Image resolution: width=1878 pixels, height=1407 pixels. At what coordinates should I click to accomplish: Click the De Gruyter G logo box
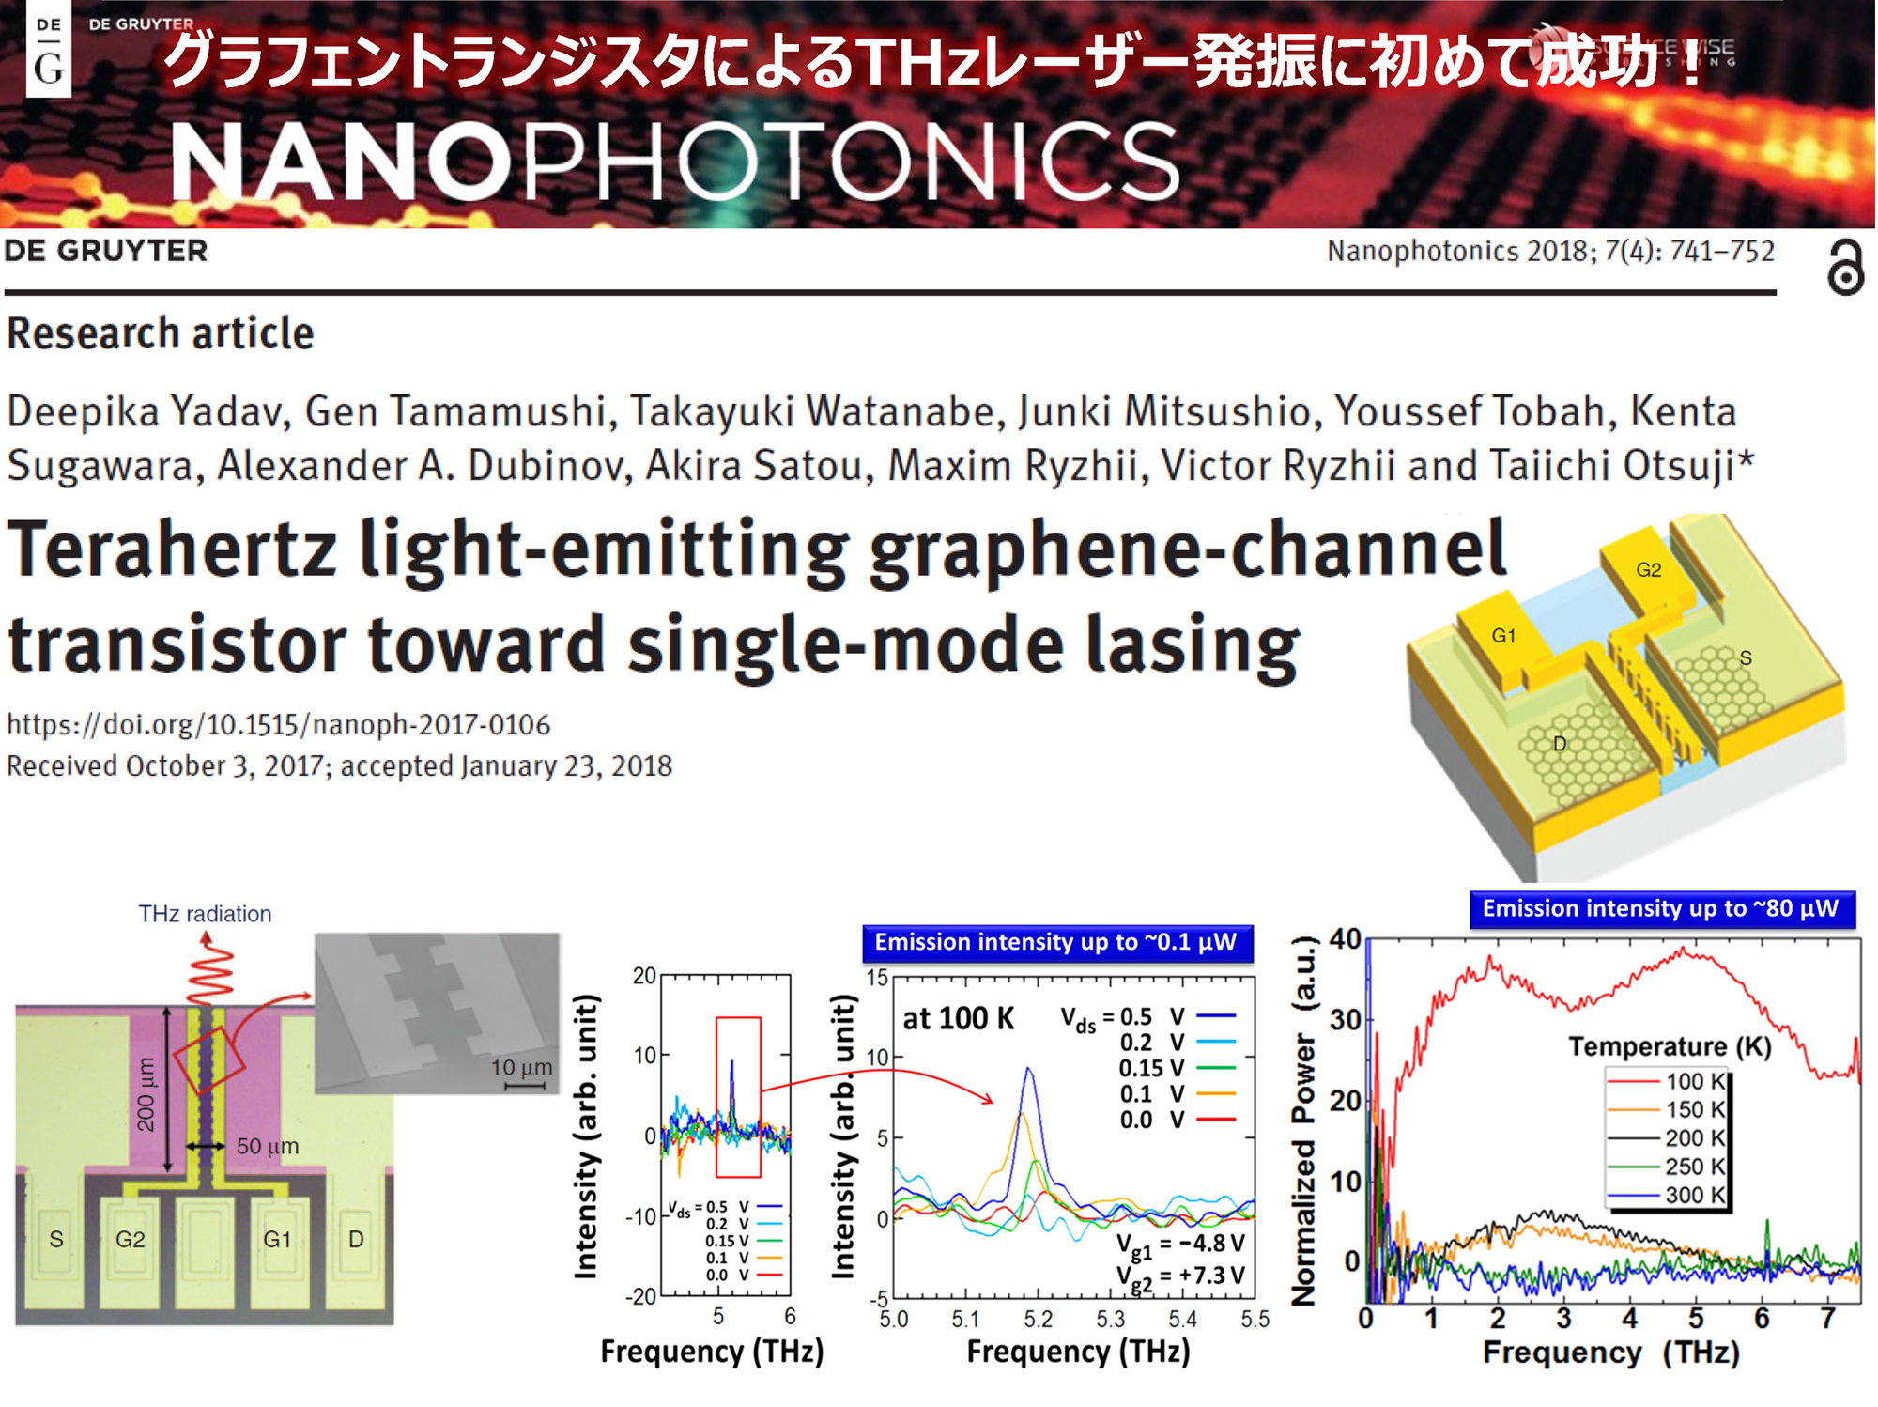coord(49,49)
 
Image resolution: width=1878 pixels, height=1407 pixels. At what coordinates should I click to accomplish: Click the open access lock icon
coord(1845,268)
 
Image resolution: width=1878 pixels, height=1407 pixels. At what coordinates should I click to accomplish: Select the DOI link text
coord(278,725)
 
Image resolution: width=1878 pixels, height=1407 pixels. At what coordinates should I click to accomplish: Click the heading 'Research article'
coord(161,333)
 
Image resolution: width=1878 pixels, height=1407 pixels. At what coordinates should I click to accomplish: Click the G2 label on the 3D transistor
coord(1648,569)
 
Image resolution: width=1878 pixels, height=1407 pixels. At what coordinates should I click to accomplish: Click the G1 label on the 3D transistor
coord(1503,636)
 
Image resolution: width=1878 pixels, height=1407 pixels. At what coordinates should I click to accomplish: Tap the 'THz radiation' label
coord(205,914)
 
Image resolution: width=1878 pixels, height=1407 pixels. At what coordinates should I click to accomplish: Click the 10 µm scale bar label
coord(521,1068)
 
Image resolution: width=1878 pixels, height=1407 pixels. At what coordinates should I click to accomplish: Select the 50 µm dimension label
coord(268,1146)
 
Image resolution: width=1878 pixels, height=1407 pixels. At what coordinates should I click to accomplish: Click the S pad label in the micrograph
coord(56,1240)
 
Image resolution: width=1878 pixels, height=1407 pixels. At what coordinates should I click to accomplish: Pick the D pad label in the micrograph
coord(356,1240)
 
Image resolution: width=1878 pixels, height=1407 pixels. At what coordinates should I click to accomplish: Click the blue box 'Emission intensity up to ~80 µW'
coord(1662,909)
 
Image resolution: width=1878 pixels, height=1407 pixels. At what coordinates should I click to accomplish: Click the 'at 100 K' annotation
coord(959,1019)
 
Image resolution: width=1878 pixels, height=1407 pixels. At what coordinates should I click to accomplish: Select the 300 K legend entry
coord(1667,1196)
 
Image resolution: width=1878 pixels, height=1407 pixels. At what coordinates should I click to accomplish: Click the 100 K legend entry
coord(1667,1081)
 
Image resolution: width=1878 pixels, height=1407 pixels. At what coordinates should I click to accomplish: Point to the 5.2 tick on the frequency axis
coord(1039,1320)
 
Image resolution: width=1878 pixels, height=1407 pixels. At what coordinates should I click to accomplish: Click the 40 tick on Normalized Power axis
coord(1345,939)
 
